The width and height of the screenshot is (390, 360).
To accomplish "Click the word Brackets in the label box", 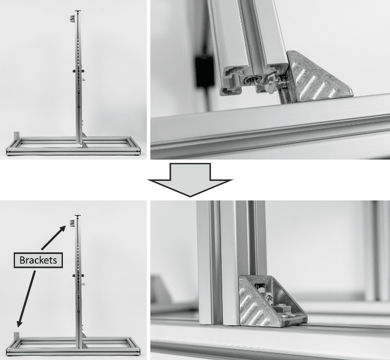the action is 38,260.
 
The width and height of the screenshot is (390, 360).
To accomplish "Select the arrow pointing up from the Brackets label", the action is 53,237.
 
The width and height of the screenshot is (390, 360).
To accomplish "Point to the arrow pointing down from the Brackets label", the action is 26,299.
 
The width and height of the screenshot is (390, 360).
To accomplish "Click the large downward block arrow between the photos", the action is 191,180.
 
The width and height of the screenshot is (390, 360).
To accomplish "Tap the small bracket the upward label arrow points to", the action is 72,223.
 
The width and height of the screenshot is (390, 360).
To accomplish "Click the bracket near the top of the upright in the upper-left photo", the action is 72,19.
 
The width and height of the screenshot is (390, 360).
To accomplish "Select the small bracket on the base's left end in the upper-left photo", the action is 16,136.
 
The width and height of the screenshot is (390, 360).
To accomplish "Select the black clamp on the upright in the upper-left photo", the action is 78,71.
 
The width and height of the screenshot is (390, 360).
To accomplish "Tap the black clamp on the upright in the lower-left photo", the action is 78,276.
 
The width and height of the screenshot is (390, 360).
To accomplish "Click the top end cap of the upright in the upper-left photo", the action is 78,11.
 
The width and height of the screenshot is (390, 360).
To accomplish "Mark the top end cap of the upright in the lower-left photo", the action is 78,216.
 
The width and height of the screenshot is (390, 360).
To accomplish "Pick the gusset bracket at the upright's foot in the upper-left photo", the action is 85,145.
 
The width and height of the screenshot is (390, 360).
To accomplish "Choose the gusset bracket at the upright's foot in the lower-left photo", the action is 85,346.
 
